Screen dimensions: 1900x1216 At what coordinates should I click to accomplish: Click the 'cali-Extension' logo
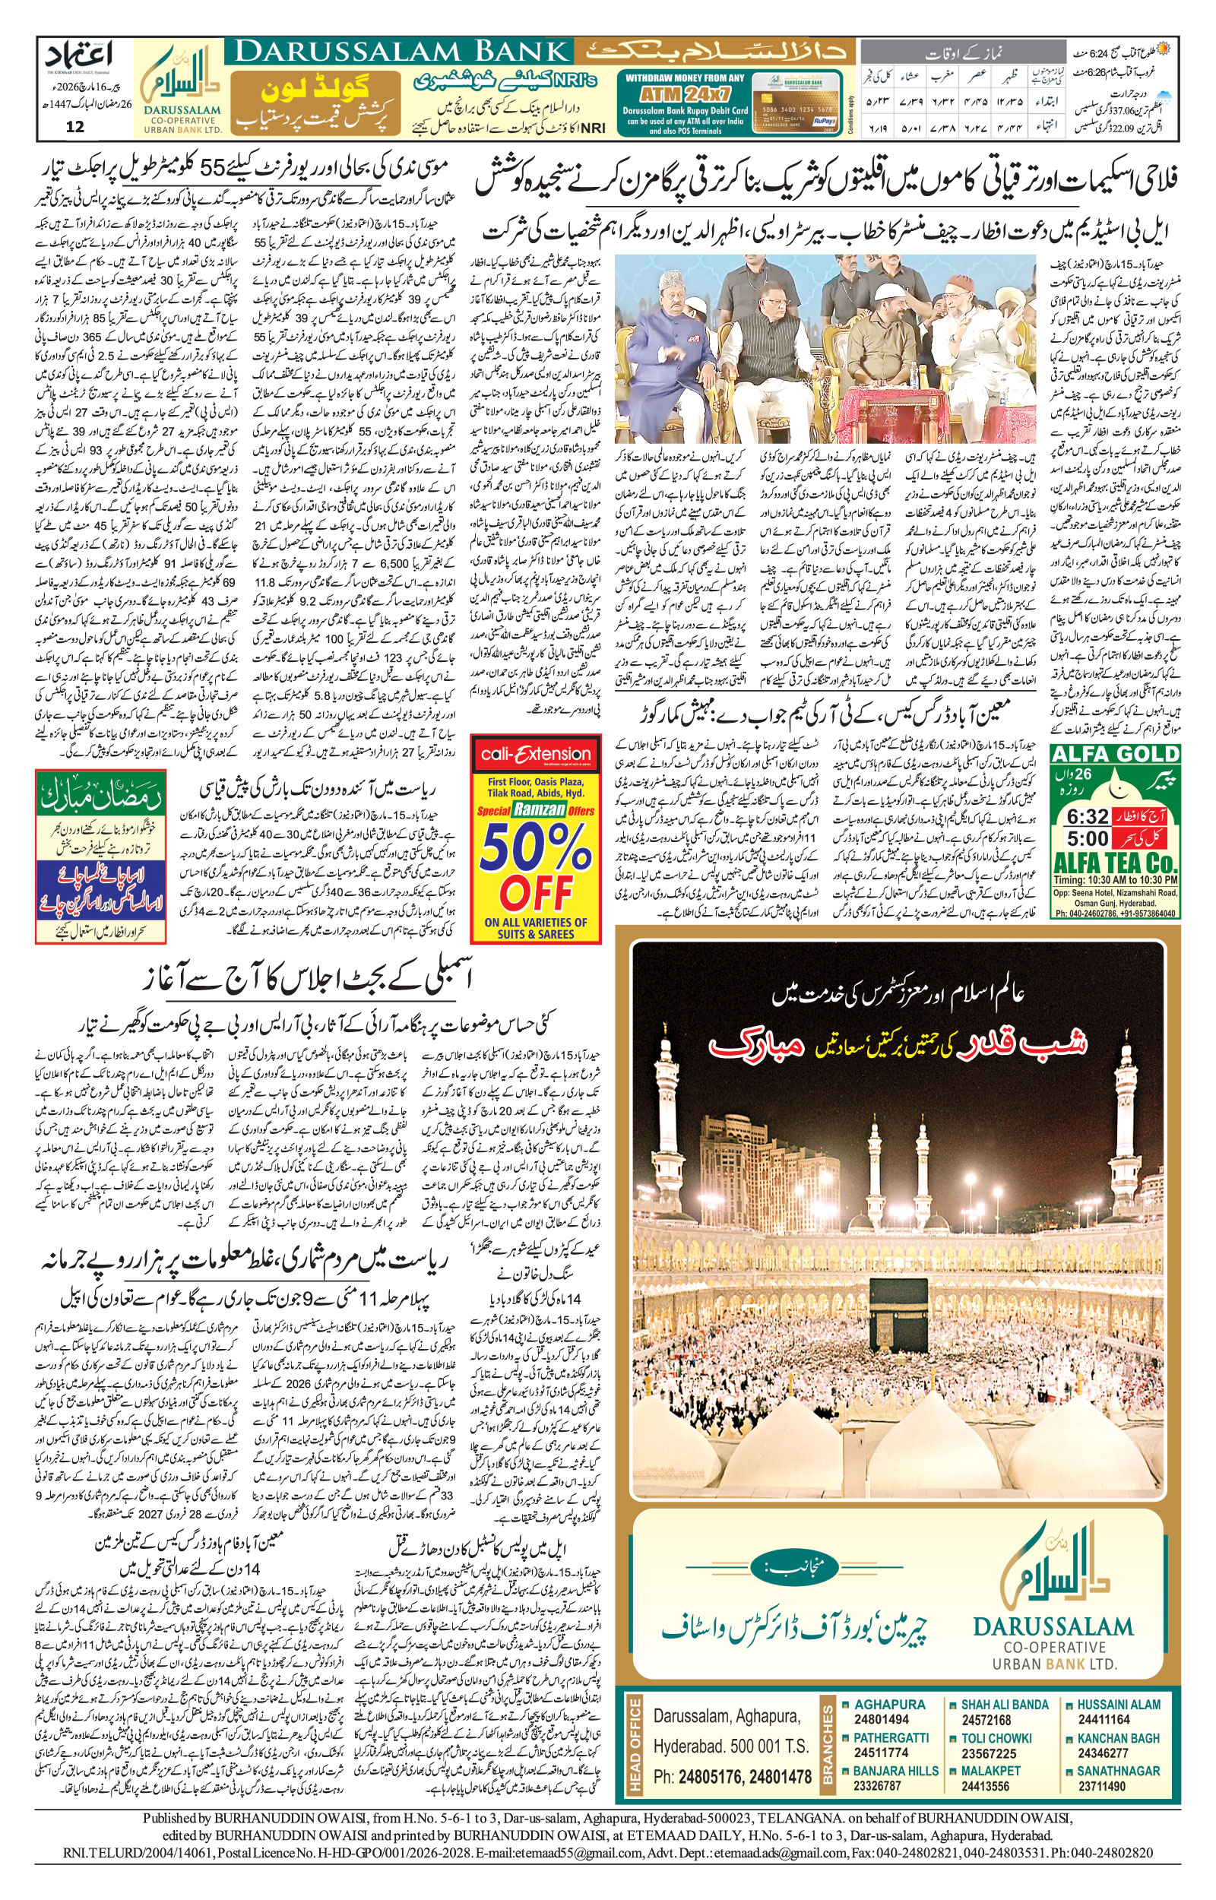coord(535,755)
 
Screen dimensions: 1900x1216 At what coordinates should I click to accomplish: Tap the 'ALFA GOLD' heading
coord(1115,754)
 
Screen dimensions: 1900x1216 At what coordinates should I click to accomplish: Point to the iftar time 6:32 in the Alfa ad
coord(1088,815)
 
